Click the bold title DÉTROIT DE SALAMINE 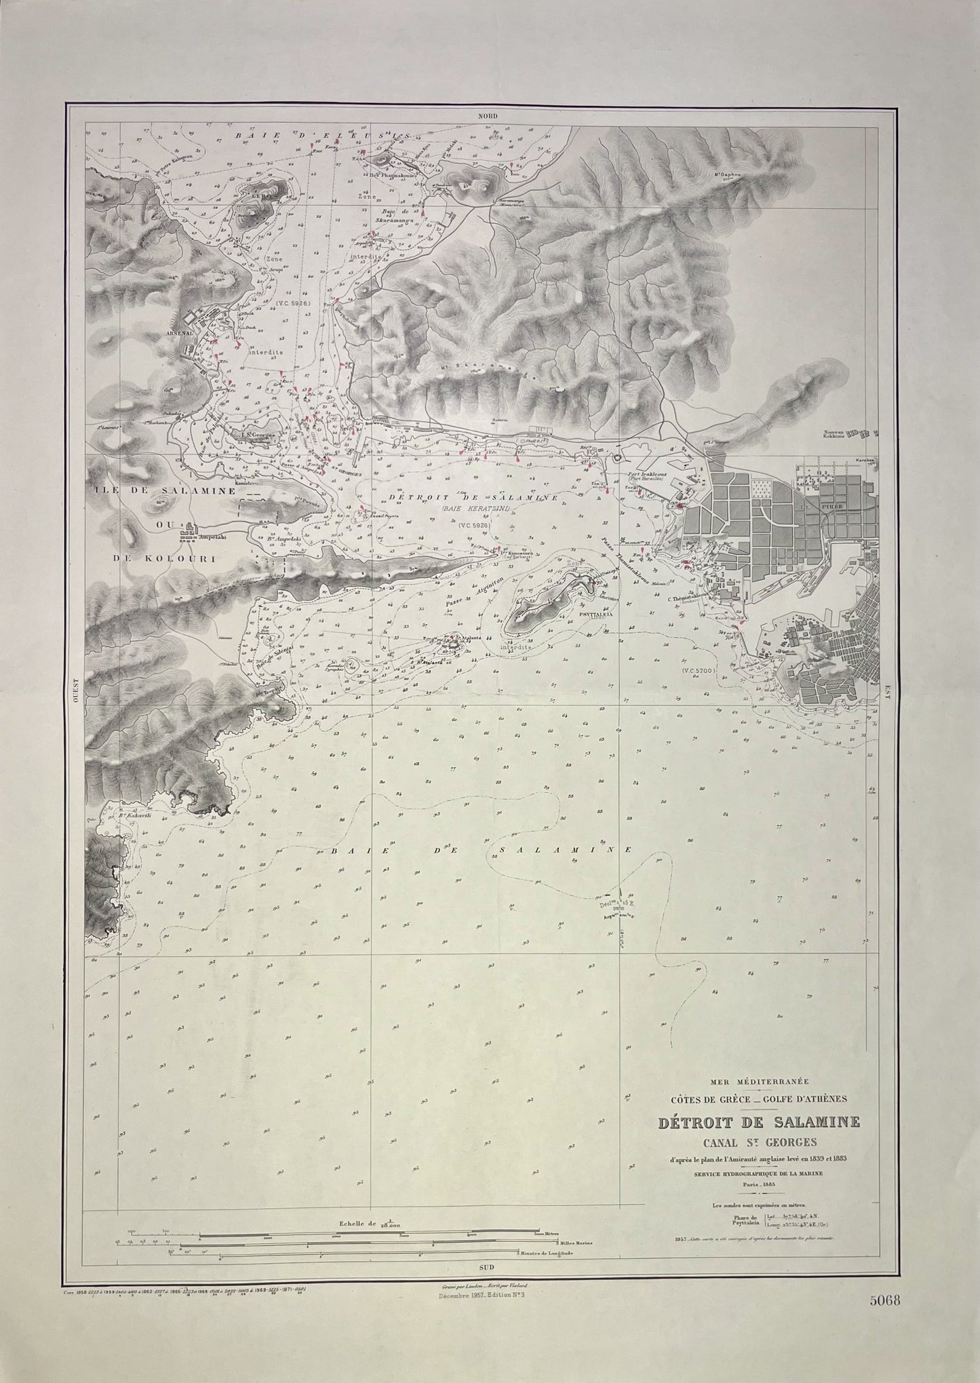click(x=759, y=1123)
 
